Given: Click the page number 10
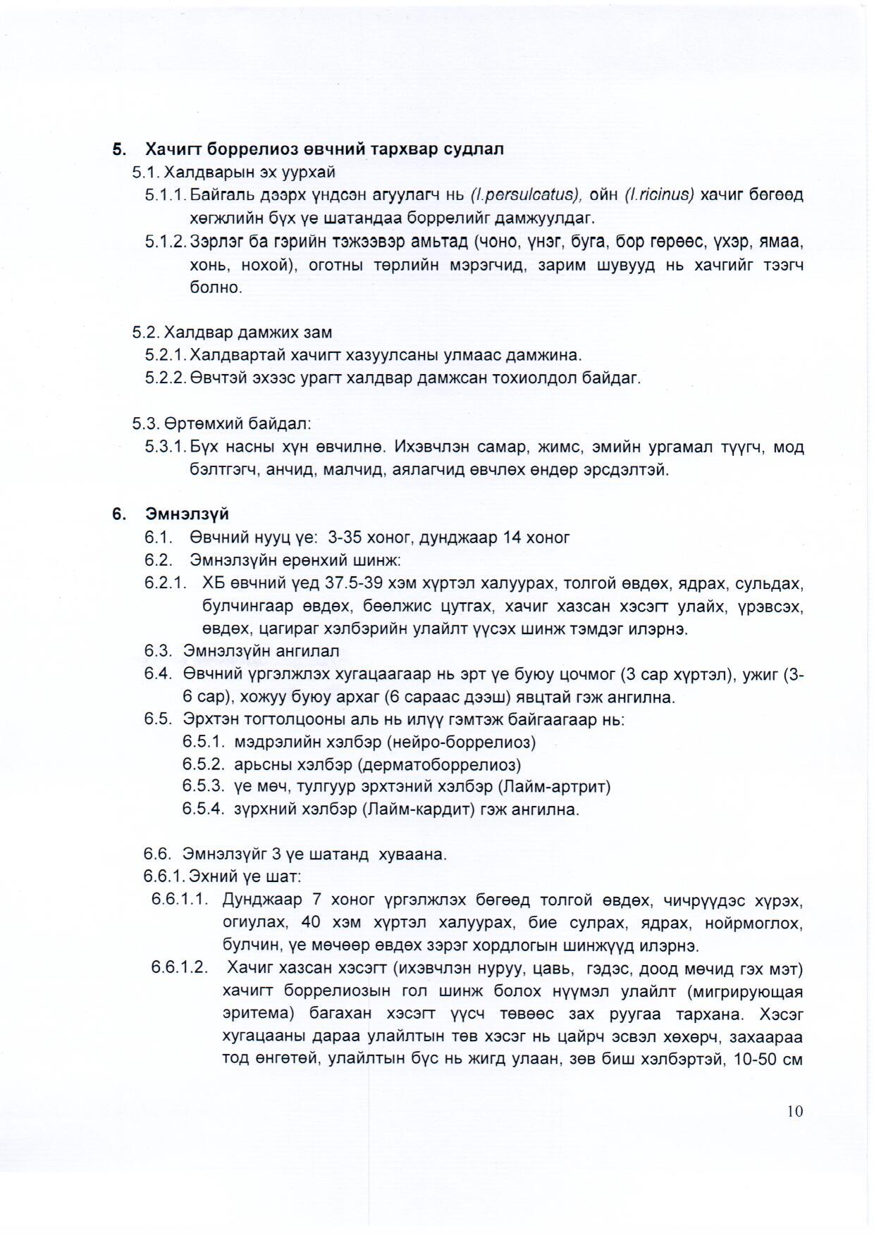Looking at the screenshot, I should [795, 1112].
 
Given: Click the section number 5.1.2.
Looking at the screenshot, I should [166, 242].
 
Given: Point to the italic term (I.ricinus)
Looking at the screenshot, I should [660, 194].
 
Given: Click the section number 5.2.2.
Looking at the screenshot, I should [166, 378].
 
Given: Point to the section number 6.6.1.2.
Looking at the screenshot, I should [180, 967].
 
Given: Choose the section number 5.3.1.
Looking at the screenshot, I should [166, 447].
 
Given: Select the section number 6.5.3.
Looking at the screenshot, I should [204, 786].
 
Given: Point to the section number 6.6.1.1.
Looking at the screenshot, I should [180, 900].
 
